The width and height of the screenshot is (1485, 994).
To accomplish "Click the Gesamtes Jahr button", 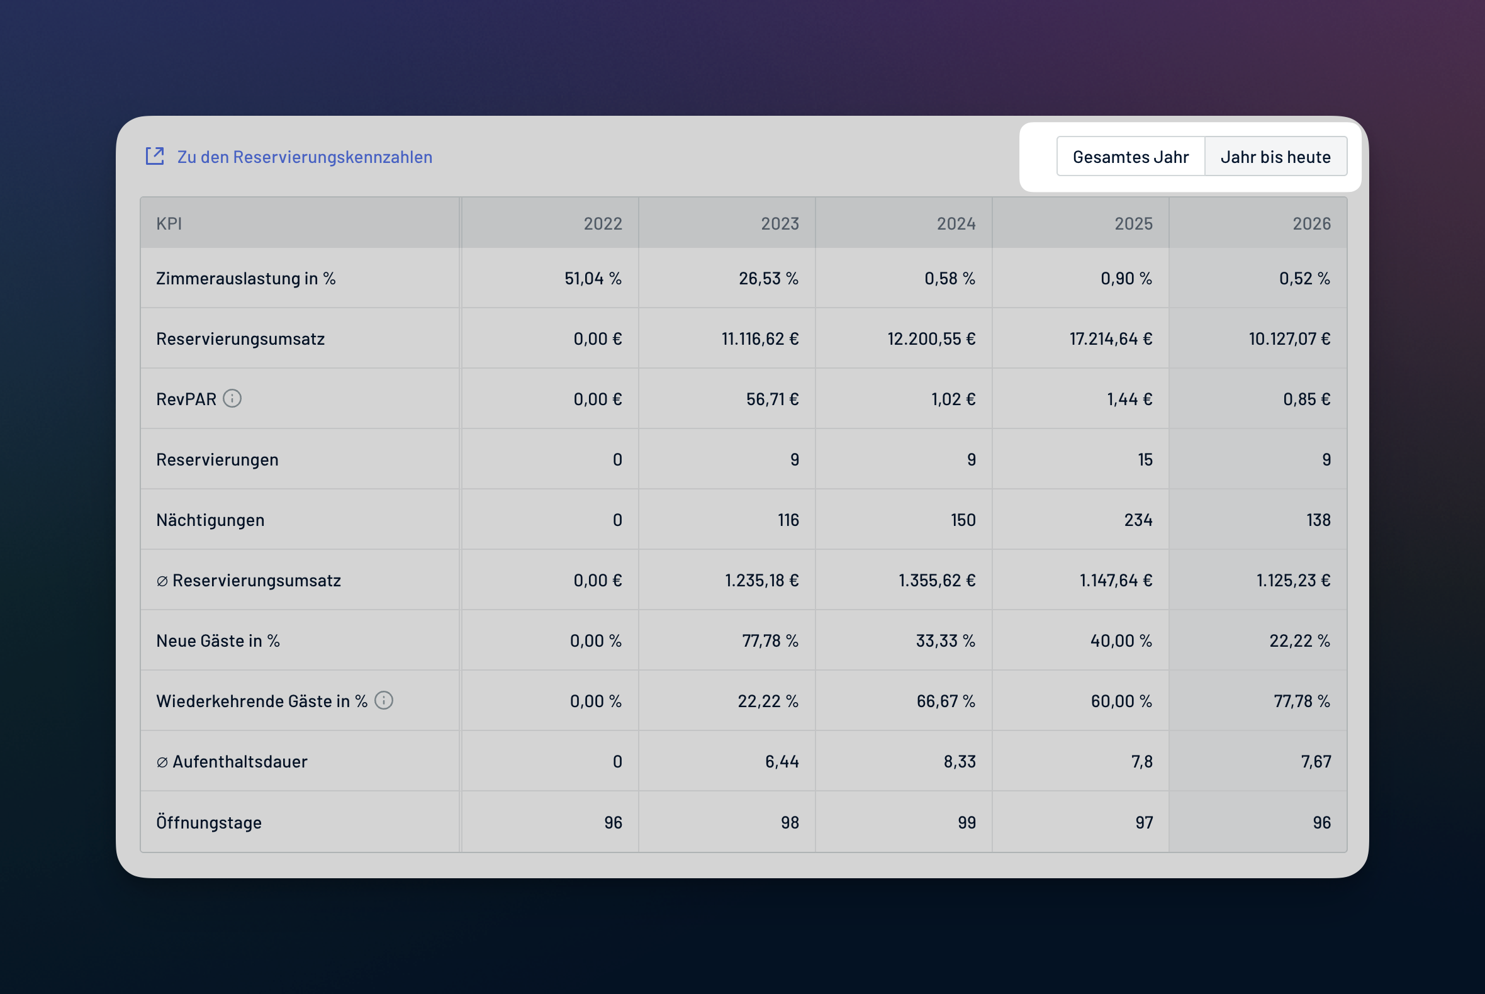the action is coord(1131,157).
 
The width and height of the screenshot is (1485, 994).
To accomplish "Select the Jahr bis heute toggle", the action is coord(1275,157).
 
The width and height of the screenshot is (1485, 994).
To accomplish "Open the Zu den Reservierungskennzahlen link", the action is coord(305,157).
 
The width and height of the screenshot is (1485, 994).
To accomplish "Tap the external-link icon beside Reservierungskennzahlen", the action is coord(155,156).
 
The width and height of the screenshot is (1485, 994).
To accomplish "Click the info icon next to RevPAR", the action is coord(232,398).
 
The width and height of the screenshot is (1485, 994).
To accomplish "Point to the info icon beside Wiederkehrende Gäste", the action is coord(384,700).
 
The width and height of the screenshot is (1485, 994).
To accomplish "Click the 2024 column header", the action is coord(956,223).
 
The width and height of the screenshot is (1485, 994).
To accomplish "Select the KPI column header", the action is coord(169,223).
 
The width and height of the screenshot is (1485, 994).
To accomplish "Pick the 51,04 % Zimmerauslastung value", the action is coord(593,278).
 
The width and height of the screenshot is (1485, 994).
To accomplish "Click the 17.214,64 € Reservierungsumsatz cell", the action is coord(1111,338).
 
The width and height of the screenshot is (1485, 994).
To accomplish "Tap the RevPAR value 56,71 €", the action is coord(772,399).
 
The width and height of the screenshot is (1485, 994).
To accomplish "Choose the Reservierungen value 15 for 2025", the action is coord(1145,459).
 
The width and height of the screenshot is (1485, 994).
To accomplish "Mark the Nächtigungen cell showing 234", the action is coord(1138,520).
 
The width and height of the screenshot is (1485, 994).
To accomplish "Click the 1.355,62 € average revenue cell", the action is coord(937,580).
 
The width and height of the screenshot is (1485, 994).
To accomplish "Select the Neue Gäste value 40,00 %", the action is coord(1121,640).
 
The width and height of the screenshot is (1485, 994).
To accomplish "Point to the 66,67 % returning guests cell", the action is coord(946,700).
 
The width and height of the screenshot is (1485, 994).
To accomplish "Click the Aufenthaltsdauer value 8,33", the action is coord(960,761).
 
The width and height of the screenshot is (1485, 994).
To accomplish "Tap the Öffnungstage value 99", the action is coord(967,822).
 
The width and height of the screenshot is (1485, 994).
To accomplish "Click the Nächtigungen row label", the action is coord(211,520).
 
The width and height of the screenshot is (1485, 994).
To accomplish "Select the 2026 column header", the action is coord(1312,223).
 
